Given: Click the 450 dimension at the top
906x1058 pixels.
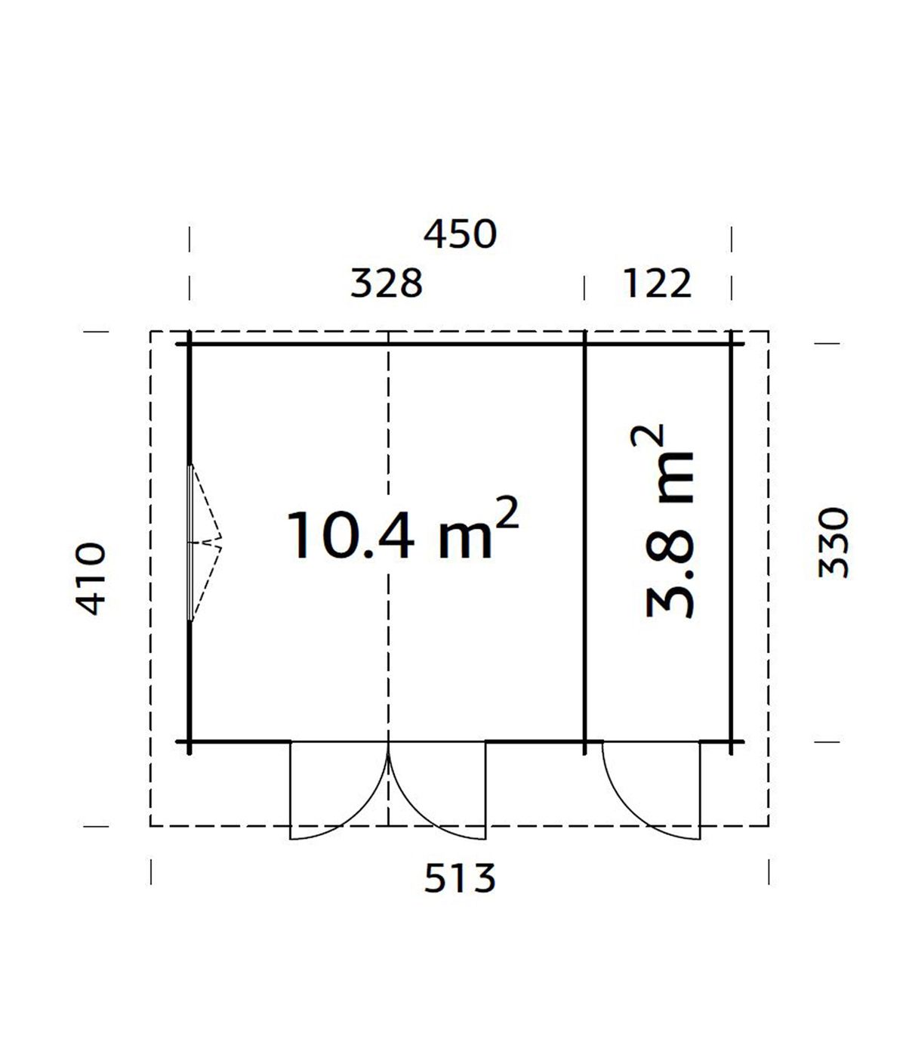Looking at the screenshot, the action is [460, 235].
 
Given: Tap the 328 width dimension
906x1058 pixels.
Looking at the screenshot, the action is [387, 283].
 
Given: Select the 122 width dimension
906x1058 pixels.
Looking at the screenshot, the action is [657, 283].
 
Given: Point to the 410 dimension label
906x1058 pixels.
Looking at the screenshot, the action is [91, 578].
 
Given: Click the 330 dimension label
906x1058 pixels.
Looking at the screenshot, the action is [834, 543].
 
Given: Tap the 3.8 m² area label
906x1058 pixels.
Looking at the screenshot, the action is [670, 521].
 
